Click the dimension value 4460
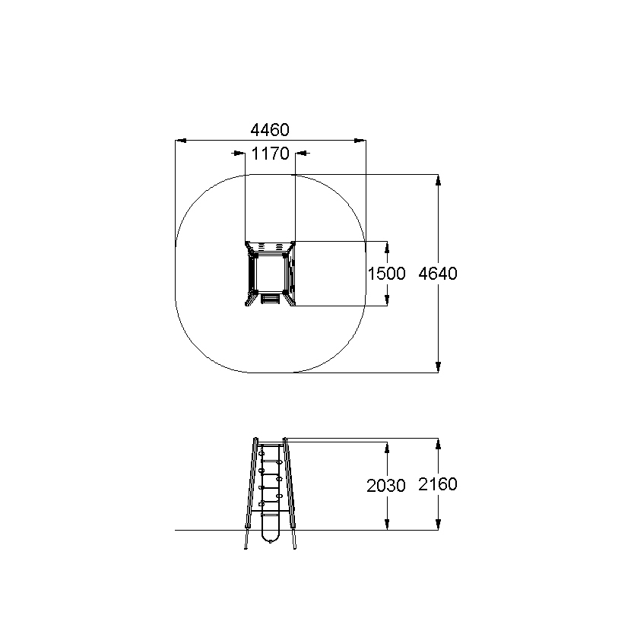pos(270,130)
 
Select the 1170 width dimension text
pos(270,154)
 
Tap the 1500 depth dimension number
pos(386,274)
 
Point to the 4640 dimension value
pos(438,274)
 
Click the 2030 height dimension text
pos(386,486)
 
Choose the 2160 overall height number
pos(438,484)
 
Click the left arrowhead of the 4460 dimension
pos(181,141)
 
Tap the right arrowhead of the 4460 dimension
pos(360,141)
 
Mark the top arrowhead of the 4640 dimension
pos(438,180)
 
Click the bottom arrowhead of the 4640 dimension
pos(438,366)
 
